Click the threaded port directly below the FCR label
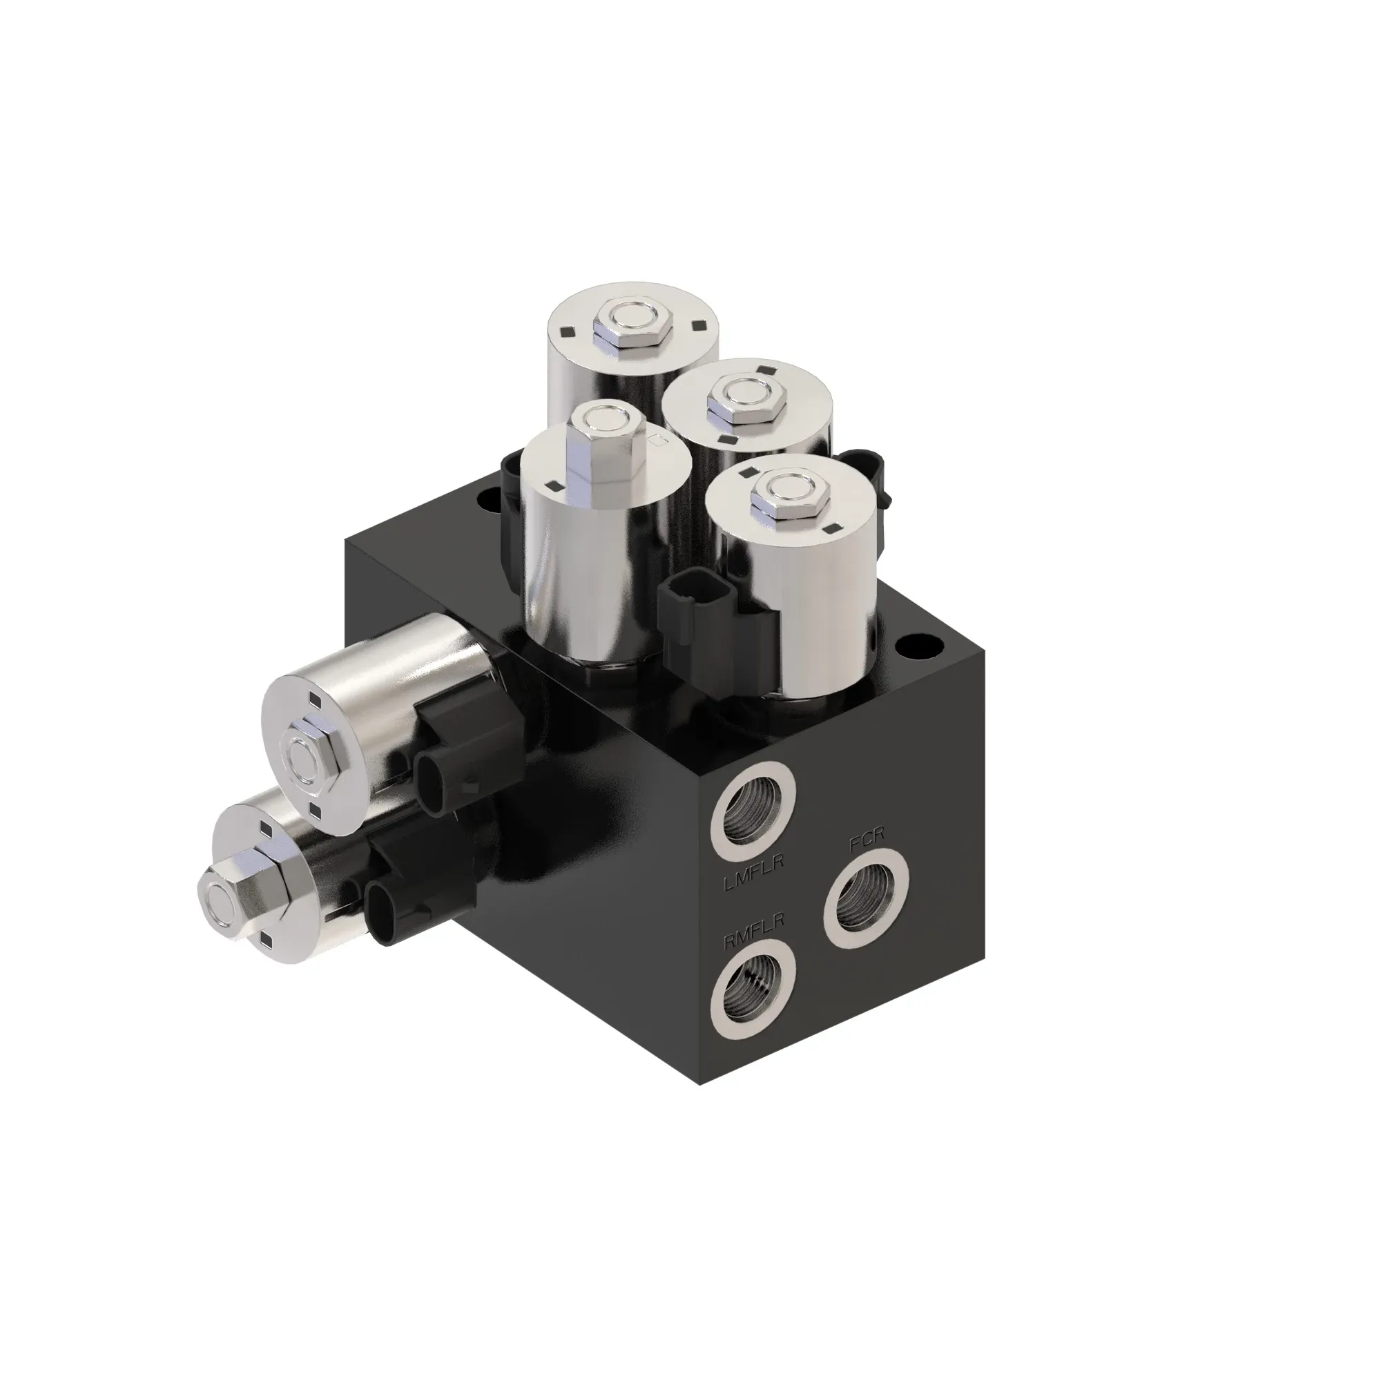866,898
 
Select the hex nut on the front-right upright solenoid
786,499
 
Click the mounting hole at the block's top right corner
923,650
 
